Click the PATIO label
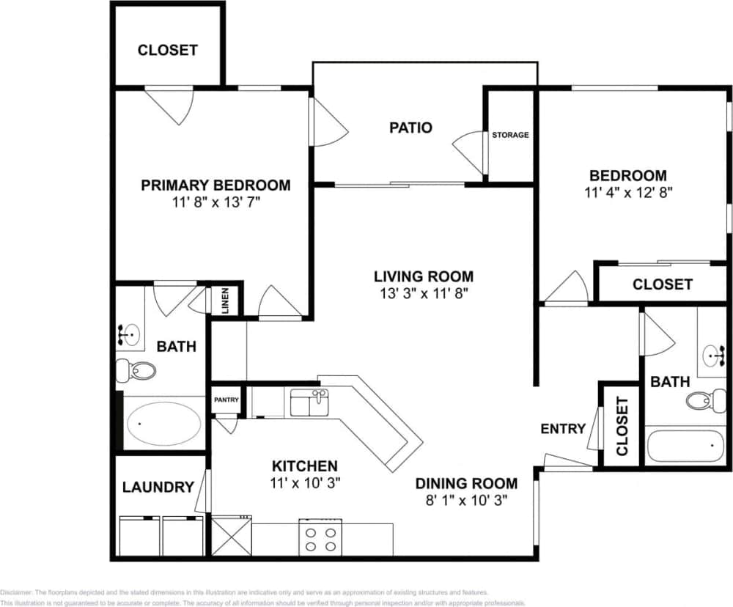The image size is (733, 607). tap(410, 128)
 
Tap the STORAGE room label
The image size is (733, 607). tap(510, 135)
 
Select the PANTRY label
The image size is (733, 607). tap(226, 400)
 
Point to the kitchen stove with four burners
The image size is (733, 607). tap(320, 537)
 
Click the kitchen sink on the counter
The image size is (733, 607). tap(309, 402)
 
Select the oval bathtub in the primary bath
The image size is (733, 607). tap(164, 423)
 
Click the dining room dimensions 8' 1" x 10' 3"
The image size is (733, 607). tap(466, 501)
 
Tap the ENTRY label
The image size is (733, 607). tap(563, 429)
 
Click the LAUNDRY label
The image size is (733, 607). tap(158, 487)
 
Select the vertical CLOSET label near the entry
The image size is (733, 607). tap(622, 426)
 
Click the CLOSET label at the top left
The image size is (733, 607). tap(167, 50)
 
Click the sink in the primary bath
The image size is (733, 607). tap(129, 334)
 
